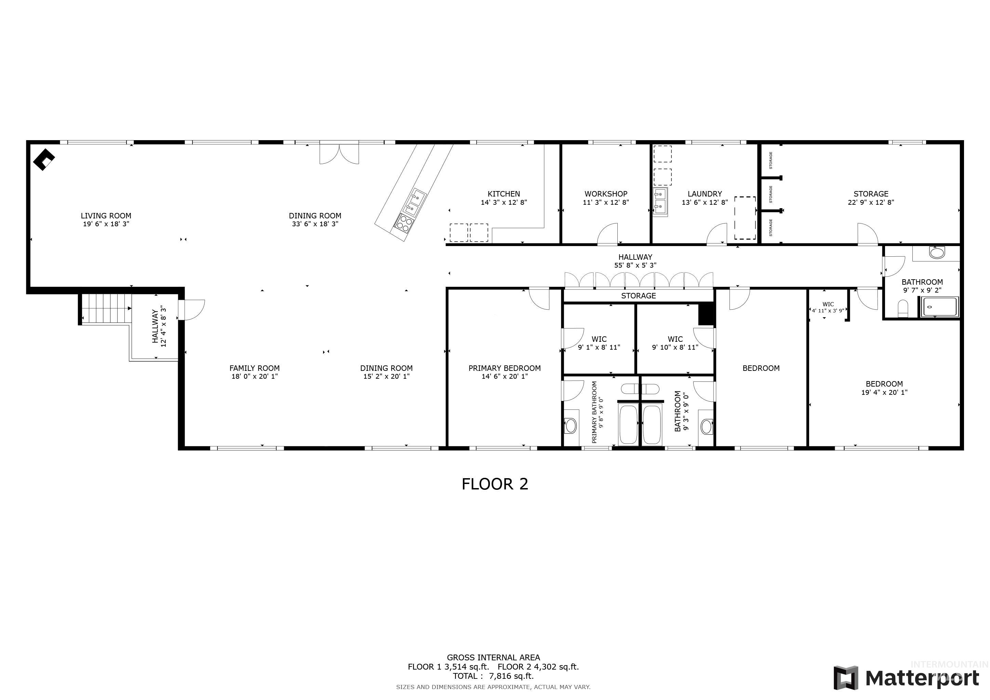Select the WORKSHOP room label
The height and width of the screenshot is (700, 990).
[606, 194]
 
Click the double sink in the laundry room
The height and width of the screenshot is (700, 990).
[660, 201]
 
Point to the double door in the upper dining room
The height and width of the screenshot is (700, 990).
[339, 154]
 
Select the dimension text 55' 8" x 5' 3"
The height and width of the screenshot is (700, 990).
[635, 266]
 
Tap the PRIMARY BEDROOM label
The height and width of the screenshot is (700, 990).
[505, 368]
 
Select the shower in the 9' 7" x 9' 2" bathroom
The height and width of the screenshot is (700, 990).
[940, 307]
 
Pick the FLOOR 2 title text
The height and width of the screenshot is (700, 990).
[495, 484]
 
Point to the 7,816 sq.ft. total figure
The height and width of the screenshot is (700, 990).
[511, 676]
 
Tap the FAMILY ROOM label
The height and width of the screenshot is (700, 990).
[254, 368]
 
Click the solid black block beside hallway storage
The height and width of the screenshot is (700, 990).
[706, 314]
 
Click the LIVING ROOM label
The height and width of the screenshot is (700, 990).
[106, 216]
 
